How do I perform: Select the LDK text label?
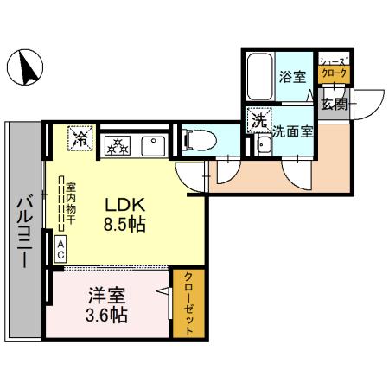[124, 205]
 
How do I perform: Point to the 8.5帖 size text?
[124, 224]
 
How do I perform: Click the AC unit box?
[61, 250]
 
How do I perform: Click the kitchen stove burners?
[117, 145]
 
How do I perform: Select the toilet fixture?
[194, 137]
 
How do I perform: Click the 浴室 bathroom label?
[291, 77]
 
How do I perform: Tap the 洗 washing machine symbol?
[258, 121]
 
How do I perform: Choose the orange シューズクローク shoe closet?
[334, 69]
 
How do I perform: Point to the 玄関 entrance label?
[334, 104]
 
